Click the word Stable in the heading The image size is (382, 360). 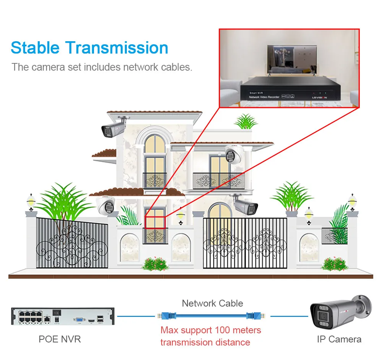[35, 48]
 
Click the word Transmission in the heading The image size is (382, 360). [117, 48]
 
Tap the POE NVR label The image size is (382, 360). [60, 339]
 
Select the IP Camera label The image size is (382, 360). [339, 339]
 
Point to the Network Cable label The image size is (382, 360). [212, 303]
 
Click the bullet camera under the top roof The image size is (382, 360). [113, 128]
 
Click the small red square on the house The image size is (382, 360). [155, 222]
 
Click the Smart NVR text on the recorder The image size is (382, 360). [256, 93]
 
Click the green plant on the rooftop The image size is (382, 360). [246, 121]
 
